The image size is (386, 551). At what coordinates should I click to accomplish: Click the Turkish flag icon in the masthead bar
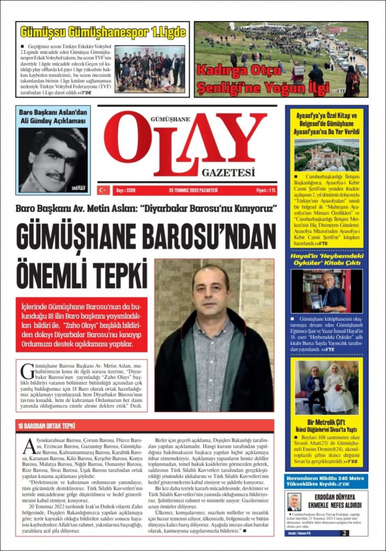pyautogui.click(x=103, y=190)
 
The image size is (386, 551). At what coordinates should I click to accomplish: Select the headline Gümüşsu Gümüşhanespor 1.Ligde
pyautogui.click(x=102, y=32)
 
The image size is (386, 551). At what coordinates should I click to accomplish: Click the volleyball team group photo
pyautogui.click(x=149, y=69)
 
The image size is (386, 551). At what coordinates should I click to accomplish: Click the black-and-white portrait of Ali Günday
pyautogui.click(x=53, y=160)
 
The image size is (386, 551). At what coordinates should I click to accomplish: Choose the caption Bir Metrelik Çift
pyautogui.click(x=326, y=421)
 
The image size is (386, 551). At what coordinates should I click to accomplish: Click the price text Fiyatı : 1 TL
pyautogui.click(x=266, y=190)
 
